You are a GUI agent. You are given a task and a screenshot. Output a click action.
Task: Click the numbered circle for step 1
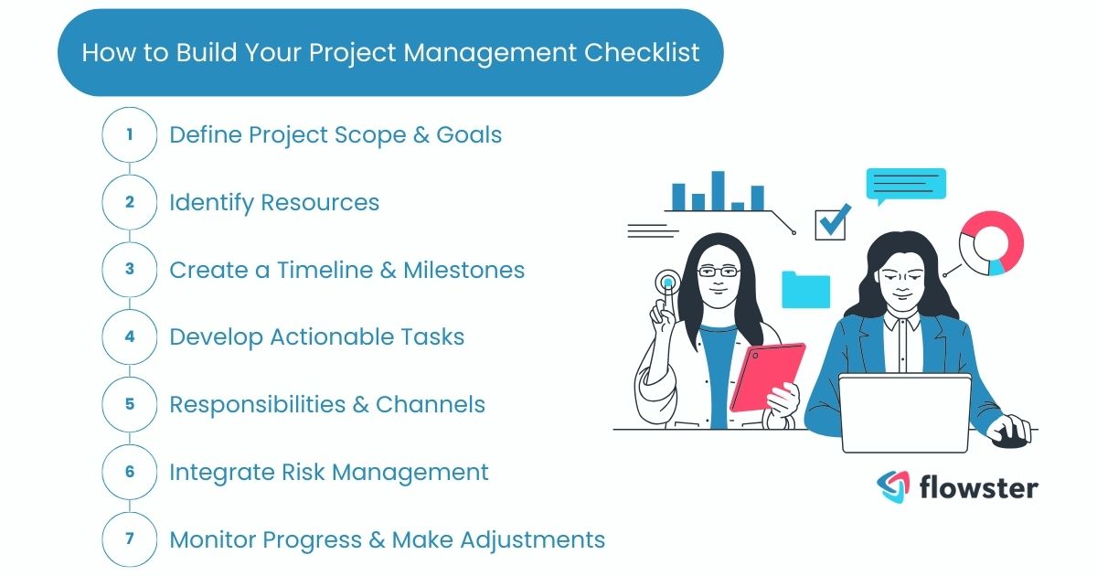coord(129,134)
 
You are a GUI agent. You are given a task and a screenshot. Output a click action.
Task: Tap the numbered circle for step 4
coord(129,336)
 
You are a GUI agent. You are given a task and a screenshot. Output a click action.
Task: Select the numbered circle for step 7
coord(129,539)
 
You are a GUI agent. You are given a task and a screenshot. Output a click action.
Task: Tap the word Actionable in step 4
coord(332,336)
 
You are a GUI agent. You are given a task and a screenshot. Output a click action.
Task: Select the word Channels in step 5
coord(431,404)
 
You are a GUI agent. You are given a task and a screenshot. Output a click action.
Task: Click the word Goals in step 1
coord(469,134)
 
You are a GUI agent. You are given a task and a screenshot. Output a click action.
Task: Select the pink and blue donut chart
coord(991,241)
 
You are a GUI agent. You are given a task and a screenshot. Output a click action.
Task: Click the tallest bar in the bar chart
coord(718,190)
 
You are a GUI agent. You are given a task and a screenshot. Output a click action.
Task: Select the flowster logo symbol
coord(893,486)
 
